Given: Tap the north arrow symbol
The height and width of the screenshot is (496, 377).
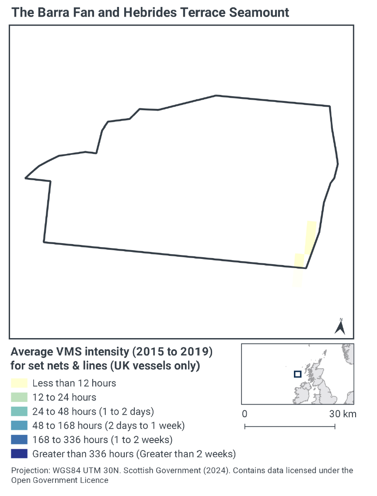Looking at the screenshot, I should [x=340, y=326].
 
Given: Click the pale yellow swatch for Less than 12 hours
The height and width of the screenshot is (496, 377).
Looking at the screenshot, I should [x=19, y=384].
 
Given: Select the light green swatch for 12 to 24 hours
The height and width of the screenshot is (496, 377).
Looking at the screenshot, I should [x=19, y=398].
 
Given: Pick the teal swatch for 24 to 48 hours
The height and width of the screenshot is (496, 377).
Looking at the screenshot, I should [x=19, y=412].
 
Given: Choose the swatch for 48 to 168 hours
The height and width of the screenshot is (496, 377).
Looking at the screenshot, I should [x=19, y=426].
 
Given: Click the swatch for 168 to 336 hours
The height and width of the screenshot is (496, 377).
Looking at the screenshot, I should [x=19, y=440].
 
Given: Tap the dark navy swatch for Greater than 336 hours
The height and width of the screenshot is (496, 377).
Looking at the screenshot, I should [x=19, y=454].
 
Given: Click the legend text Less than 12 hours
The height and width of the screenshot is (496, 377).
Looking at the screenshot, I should [x=74, y=384].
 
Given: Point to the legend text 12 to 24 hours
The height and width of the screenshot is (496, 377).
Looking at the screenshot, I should [x=64, y=398].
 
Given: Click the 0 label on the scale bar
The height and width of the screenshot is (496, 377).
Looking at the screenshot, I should [x=244, y=414].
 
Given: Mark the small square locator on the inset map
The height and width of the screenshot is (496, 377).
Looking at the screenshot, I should [x=297, y=374].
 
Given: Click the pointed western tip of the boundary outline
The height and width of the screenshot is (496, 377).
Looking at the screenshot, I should [x=26, y=178].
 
